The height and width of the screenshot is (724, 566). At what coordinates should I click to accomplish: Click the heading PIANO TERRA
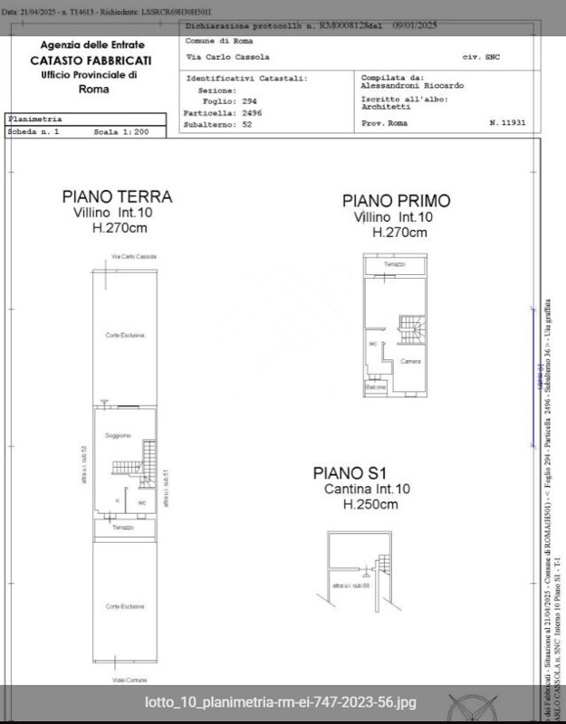point(117,196)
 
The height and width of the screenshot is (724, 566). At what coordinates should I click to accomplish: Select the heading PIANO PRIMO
point(396,201)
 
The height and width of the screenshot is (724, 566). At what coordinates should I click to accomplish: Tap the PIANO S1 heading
point(350,472)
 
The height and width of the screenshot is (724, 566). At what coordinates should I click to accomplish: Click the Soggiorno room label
point(118,436)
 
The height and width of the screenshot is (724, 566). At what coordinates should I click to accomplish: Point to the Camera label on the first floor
point(410,361)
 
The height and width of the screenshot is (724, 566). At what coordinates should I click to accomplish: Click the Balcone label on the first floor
point(376,387)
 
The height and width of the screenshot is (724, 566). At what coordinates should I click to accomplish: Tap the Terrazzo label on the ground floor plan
point(123,527)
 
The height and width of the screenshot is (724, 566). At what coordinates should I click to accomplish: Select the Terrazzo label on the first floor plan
point(394,264)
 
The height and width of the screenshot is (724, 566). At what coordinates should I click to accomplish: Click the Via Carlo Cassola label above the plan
point(134,257)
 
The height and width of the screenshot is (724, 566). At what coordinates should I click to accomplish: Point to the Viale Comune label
point(122,678)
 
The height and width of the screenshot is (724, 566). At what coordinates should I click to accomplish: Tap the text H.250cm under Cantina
point(369,505)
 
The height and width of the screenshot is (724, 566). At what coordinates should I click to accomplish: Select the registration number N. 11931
point(506,121)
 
